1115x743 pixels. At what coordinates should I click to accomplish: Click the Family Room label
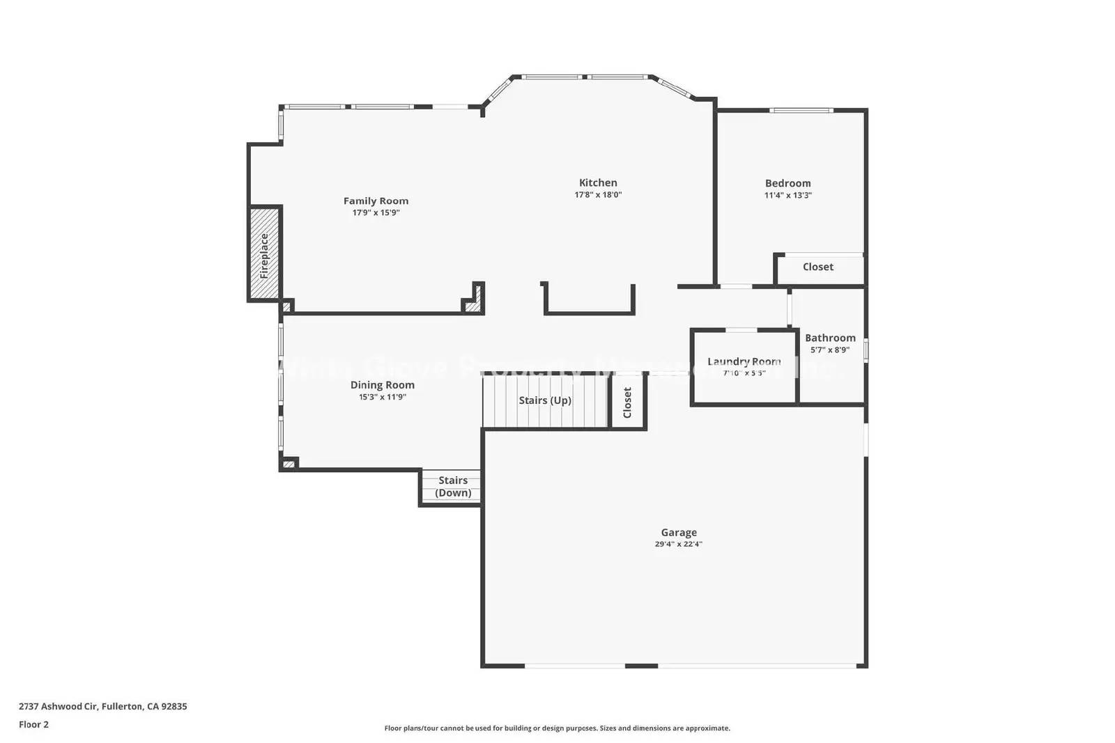pos(376,201)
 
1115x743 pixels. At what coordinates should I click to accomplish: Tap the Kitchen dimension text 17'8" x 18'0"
pos(598,196)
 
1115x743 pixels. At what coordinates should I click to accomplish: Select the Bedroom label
pos(787,183)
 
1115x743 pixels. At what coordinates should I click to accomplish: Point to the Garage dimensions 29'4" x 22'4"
pos(678,545)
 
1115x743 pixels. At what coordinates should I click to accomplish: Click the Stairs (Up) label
pos(545,400)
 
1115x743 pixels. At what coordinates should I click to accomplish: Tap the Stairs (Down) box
pos(452,487)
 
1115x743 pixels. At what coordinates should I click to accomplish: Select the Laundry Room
pos(744,367)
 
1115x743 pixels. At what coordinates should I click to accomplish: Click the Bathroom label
pos(830,338)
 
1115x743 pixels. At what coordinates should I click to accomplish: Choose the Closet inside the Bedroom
pos(817,267)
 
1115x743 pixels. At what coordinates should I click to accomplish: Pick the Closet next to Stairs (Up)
pos(627,402)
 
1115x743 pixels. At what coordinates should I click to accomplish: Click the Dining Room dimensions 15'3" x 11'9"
pos(382,398)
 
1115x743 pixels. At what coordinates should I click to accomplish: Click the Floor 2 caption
pos(33,724)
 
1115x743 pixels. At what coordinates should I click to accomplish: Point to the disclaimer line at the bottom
pos(557,728)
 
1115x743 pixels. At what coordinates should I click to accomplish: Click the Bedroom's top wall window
pos(801,110)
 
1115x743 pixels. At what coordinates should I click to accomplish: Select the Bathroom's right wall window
pos(866,350)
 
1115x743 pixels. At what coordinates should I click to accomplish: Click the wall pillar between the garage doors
pos(641,666)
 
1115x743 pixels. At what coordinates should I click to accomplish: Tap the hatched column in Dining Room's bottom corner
pos(289,463)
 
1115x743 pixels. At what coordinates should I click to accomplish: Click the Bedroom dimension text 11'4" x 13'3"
pos(787,196)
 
